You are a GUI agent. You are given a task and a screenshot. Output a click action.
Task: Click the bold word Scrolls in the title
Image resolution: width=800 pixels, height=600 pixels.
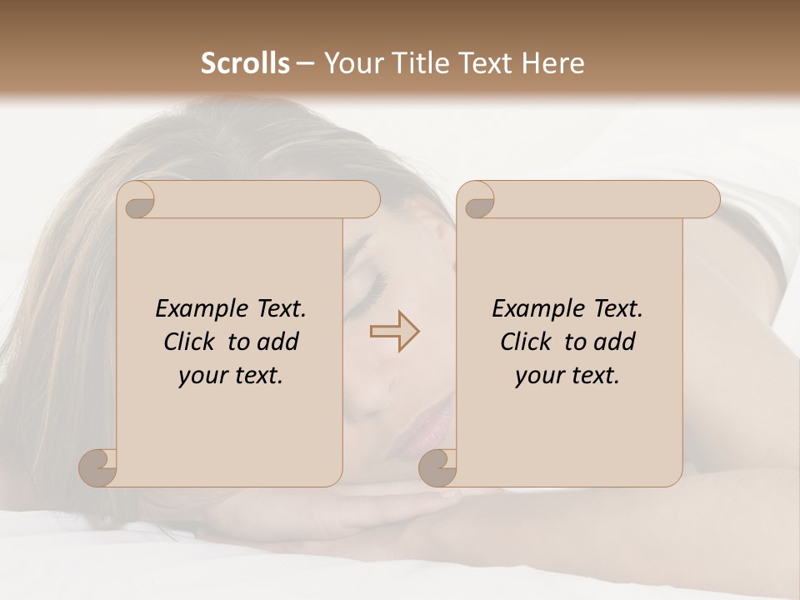click(245, 63)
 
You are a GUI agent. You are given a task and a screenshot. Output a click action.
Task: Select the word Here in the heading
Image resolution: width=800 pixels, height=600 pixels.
click(552, 63)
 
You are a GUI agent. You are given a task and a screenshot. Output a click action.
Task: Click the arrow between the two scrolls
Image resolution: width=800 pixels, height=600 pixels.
click(394, 332)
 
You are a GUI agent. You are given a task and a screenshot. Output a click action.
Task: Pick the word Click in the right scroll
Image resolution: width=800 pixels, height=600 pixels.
click(526, 342)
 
